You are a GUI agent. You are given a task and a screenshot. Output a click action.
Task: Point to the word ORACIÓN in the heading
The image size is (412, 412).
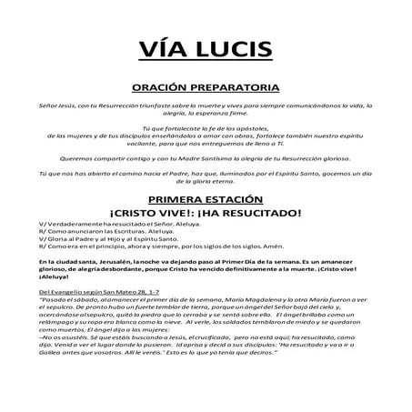[x=163, y=88]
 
